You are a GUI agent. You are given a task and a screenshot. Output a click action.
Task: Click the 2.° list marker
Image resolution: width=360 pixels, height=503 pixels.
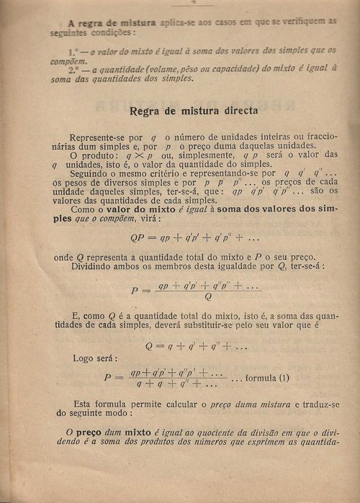(74, 70)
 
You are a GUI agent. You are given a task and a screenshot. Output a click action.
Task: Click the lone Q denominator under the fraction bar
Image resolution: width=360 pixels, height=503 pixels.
(207, 296)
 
